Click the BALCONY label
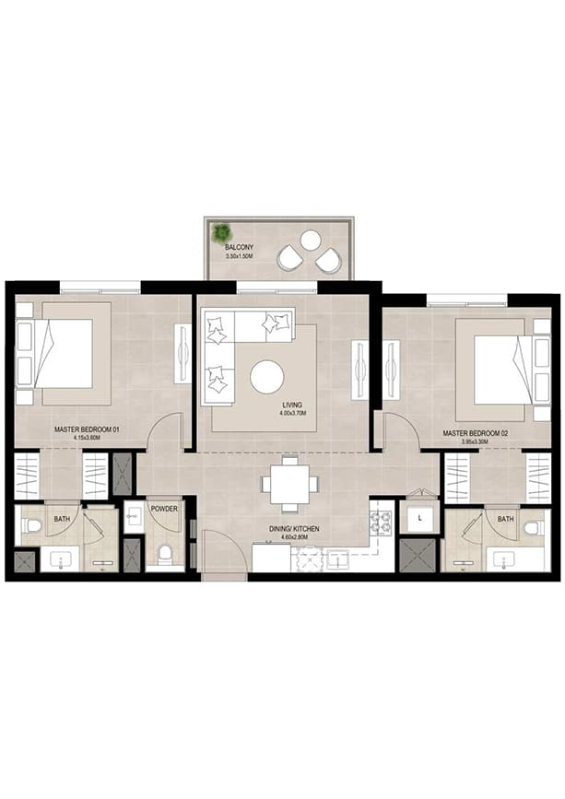(239, 247)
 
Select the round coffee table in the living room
(267, 377)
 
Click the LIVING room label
(292, 405)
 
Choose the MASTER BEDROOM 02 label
(476, 432)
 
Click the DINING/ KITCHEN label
(290, 528)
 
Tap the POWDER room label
(164, 508)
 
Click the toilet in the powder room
(165, 553)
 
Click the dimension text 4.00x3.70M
(292, 414)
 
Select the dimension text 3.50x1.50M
(239, 256)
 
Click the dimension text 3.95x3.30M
(476, 441)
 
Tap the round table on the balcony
(311, 241)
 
